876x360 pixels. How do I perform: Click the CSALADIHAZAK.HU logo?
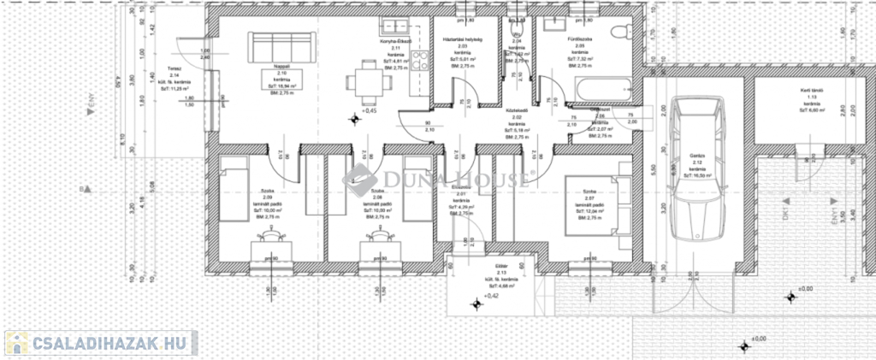pyautogui.click(x=101, y=343)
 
